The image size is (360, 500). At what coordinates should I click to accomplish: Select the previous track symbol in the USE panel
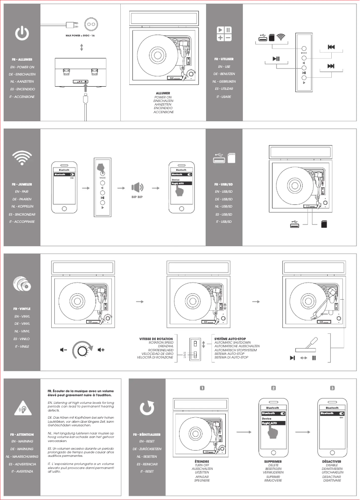[x=331, y=47]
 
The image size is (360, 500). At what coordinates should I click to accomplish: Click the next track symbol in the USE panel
[x=331, y=66]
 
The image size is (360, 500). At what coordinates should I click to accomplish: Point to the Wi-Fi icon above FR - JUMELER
[x=22, y=157]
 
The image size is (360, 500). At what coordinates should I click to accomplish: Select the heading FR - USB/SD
[x=224, y=184]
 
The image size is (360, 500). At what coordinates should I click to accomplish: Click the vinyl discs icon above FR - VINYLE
[x=22, y=284]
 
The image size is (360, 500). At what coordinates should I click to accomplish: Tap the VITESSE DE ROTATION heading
[x=157, y=338]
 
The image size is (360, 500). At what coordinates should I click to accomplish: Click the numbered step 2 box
[x=273, y=388]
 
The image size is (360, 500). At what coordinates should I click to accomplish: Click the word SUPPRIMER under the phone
[x=273, y=461]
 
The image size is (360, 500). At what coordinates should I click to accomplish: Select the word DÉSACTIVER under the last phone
[x=332, y=461]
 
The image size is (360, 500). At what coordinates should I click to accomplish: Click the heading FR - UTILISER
[x=224, y=59]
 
